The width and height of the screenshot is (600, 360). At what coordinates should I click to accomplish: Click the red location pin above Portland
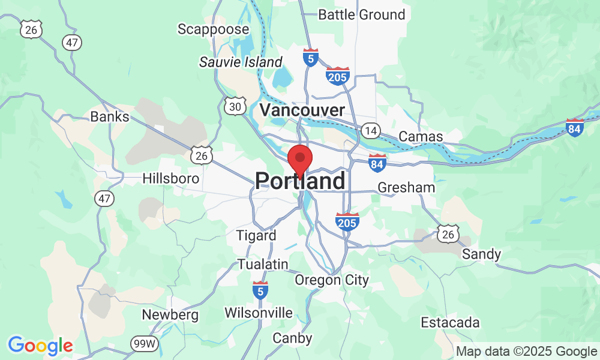(300, 159)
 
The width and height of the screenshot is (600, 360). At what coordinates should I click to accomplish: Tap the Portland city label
(300, 181)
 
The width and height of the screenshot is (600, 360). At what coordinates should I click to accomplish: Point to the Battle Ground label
(361, 14)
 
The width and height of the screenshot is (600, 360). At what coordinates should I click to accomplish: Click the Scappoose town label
(213, 29)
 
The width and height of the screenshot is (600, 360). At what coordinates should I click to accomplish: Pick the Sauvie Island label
(241, 62)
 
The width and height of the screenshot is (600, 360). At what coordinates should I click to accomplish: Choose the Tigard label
(256, 235)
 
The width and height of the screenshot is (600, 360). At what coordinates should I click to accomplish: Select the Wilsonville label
(259, 313)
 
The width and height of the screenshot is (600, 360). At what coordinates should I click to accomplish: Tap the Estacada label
(450, 323)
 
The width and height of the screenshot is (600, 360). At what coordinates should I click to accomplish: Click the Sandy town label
(481, 254)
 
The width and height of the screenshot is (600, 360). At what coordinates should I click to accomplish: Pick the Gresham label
(406, 187)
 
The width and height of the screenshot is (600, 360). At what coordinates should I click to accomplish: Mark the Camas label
(421, 136)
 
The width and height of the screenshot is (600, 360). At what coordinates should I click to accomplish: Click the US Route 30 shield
(233, 106)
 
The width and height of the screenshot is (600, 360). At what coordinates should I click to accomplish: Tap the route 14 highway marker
(370, 130)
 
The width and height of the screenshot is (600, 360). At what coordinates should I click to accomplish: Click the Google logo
(40, 345)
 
